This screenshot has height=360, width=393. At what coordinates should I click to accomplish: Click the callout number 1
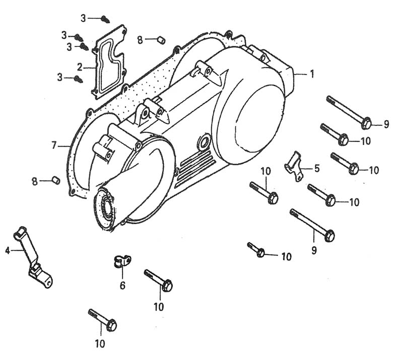tap(311, 74)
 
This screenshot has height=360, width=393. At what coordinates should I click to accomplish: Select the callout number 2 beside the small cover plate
tap(80, 67)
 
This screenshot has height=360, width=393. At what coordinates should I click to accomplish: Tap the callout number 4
tap(8, 250)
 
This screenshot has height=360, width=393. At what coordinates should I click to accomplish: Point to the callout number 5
tap(317, 168)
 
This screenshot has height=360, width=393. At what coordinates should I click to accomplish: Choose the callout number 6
tap(122, 285)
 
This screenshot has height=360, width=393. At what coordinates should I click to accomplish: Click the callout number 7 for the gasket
tap(54, 146)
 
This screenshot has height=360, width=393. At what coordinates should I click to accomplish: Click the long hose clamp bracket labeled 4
tap(32, 257)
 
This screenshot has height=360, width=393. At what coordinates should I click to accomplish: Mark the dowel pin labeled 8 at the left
tap(55, 180)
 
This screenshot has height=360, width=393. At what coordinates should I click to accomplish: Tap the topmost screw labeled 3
tap(105, 19)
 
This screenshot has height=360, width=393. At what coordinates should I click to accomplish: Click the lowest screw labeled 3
tap(79, 79)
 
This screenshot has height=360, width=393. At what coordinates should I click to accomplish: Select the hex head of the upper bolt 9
tap(366, 123)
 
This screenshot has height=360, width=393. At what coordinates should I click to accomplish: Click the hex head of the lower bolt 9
tap(330, 236)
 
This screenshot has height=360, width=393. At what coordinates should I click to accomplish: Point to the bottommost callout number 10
tap(100, 344)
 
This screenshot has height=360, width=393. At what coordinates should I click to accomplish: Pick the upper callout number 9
tap(386, 124)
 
